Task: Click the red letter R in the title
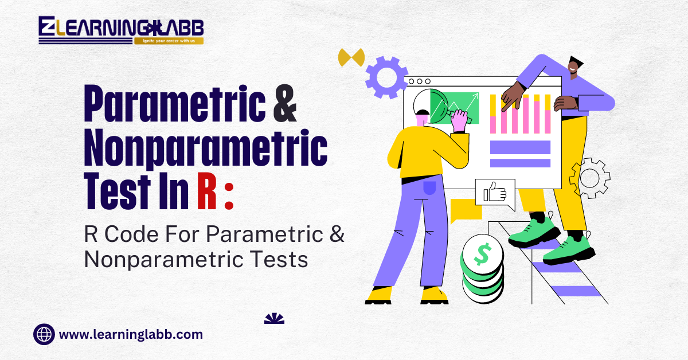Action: [207, 191]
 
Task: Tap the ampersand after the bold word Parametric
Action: [285, 103]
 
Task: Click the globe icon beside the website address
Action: [44, 334]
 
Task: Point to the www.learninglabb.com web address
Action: [131, 335]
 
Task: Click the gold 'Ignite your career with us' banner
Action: [169, 41]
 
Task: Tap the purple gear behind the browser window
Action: [386, 77]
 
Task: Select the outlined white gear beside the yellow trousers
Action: [590, 178]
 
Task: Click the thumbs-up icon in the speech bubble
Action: [495, 192]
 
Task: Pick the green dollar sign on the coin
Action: [483, 254]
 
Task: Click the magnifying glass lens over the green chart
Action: [431, 106]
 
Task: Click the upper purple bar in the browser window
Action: [520, 147]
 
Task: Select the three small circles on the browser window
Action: [420, 81]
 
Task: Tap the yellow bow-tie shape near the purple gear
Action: [351, 57]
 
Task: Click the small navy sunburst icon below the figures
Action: [274, 319]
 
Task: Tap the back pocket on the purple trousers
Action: [429, 187]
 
